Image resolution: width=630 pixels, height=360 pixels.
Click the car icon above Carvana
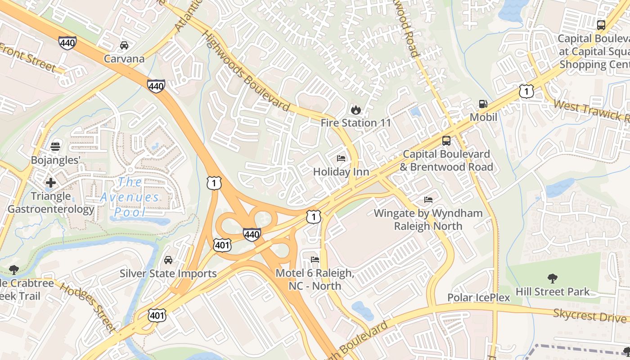[124, 45]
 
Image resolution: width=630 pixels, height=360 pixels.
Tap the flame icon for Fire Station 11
[355, 109]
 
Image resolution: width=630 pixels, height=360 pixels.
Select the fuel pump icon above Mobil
[483, 104]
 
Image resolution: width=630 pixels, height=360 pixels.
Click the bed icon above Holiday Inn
[341, 158]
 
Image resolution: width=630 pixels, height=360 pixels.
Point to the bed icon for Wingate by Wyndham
[428, 200]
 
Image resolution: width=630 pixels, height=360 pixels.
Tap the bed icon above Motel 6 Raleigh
[315, 260]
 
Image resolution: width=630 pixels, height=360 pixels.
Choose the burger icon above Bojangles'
[55, 147]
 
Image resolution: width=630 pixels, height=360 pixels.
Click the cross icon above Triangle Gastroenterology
[50, 183]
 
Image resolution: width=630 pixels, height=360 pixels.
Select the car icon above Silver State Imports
[168, 260]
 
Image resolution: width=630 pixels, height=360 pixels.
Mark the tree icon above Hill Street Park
[552, 279]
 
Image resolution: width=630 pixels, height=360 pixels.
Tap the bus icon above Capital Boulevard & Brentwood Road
[446, 141]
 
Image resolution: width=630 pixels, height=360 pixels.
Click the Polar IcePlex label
[479, 297]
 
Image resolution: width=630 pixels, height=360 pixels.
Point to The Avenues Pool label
[130, 197]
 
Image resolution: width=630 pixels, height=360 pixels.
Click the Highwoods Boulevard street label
[245, 72]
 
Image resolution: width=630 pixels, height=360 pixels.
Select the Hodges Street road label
[88, 307]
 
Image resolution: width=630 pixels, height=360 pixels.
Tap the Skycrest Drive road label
[589, 315]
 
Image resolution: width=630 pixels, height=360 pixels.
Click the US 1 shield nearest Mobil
[526, 91]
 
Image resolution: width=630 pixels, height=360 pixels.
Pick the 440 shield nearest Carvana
[67, 43]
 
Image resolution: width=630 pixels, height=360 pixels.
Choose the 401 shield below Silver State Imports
[157, 315]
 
